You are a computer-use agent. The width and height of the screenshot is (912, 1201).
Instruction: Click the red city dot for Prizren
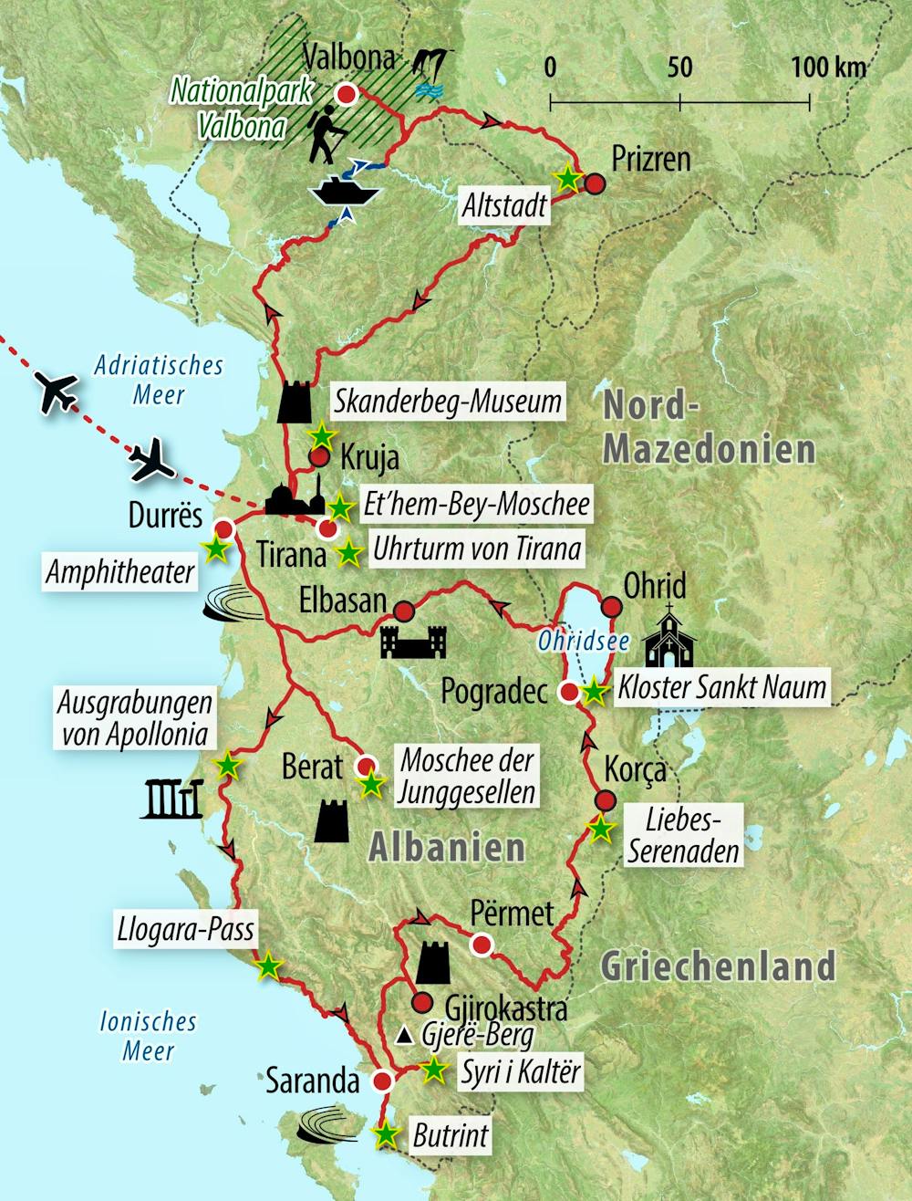(595, 184)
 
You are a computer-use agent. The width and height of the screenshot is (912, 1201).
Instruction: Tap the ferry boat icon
(345, 191)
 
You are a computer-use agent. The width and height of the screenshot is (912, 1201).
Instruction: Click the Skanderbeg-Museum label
(447, 401)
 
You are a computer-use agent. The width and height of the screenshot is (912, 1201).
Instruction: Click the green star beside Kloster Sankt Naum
(594, 692)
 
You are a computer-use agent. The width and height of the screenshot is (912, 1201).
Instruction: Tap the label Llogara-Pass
(185, 930)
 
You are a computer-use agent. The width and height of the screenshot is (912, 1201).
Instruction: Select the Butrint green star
(388, 1134)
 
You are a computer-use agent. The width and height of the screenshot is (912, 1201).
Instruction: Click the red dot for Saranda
(382, 1081)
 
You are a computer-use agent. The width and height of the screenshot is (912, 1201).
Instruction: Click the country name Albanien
(447, 847)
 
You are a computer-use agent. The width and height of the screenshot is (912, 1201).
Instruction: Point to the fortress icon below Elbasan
(414, 642)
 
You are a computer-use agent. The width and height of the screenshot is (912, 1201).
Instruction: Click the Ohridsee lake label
(583, 641)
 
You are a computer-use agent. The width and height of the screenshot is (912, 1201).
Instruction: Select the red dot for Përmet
(480, 945)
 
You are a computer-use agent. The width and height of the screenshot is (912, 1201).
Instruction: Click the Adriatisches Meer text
(159, 380)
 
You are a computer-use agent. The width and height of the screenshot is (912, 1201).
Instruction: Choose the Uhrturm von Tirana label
(477, 549)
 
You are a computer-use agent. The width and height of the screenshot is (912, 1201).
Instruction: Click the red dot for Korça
(605, 800)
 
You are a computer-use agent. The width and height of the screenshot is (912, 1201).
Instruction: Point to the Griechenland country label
(718, 966)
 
